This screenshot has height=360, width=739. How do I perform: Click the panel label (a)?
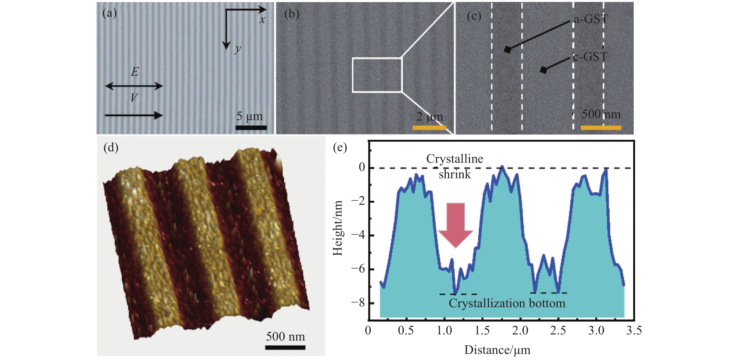109,13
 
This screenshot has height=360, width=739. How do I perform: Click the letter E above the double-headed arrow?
135,72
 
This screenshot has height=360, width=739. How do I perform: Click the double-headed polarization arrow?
134,86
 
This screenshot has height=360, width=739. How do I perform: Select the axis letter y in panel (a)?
237,49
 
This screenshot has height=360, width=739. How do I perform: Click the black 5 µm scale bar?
251,128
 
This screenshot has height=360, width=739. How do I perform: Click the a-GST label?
590,19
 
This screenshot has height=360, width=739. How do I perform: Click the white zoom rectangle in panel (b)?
377,75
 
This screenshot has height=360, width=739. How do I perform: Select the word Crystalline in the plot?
454,159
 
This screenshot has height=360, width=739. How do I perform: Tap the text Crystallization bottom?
507,303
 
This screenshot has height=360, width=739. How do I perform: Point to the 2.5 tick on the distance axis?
558,330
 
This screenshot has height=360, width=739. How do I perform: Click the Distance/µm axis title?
497,350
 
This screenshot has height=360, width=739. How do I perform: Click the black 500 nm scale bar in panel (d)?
285,347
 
